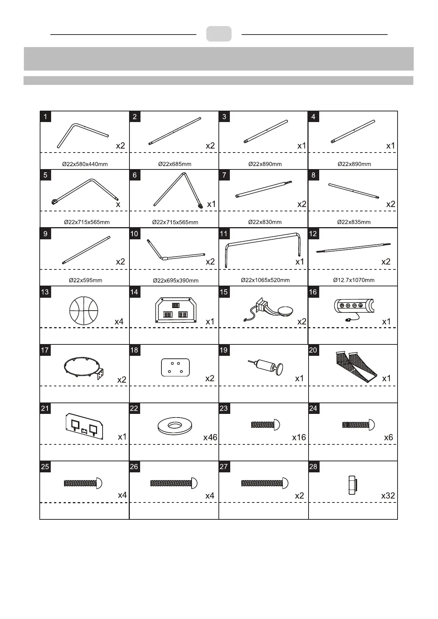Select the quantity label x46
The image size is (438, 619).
pyautogui.click(x=210, y=437)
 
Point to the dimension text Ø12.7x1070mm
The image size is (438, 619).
pyautogui.click(x=354, y=280)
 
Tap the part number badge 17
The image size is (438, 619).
pyautogui.click(x=45, y=350)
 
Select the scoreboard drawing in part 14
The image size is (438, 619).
pyautogui.click(x=175, y=310)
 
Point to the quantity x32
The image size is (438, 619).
pyautogui.click(x=388, y=495)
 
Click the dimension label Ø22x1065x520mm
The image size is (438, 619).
pyautogui.click(x=265, y=280)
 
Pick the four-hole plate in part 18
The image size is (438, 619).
pyautogui.click(x=175, y=368)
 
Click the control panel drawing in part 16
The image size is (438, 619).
pyautogui.click(x=354, y=307)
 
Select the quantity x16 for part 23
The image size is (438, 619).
pyautogui.click(x=299, y=437)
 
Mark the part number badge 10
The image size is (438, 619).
pyautogui.click(x=134, y=234)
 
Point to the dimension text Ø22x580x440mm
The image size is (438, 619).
pyautogui.click(x=85, y=164)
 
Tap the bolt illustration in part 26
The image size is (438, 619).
pyautogui.click(x=174, y=483)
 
